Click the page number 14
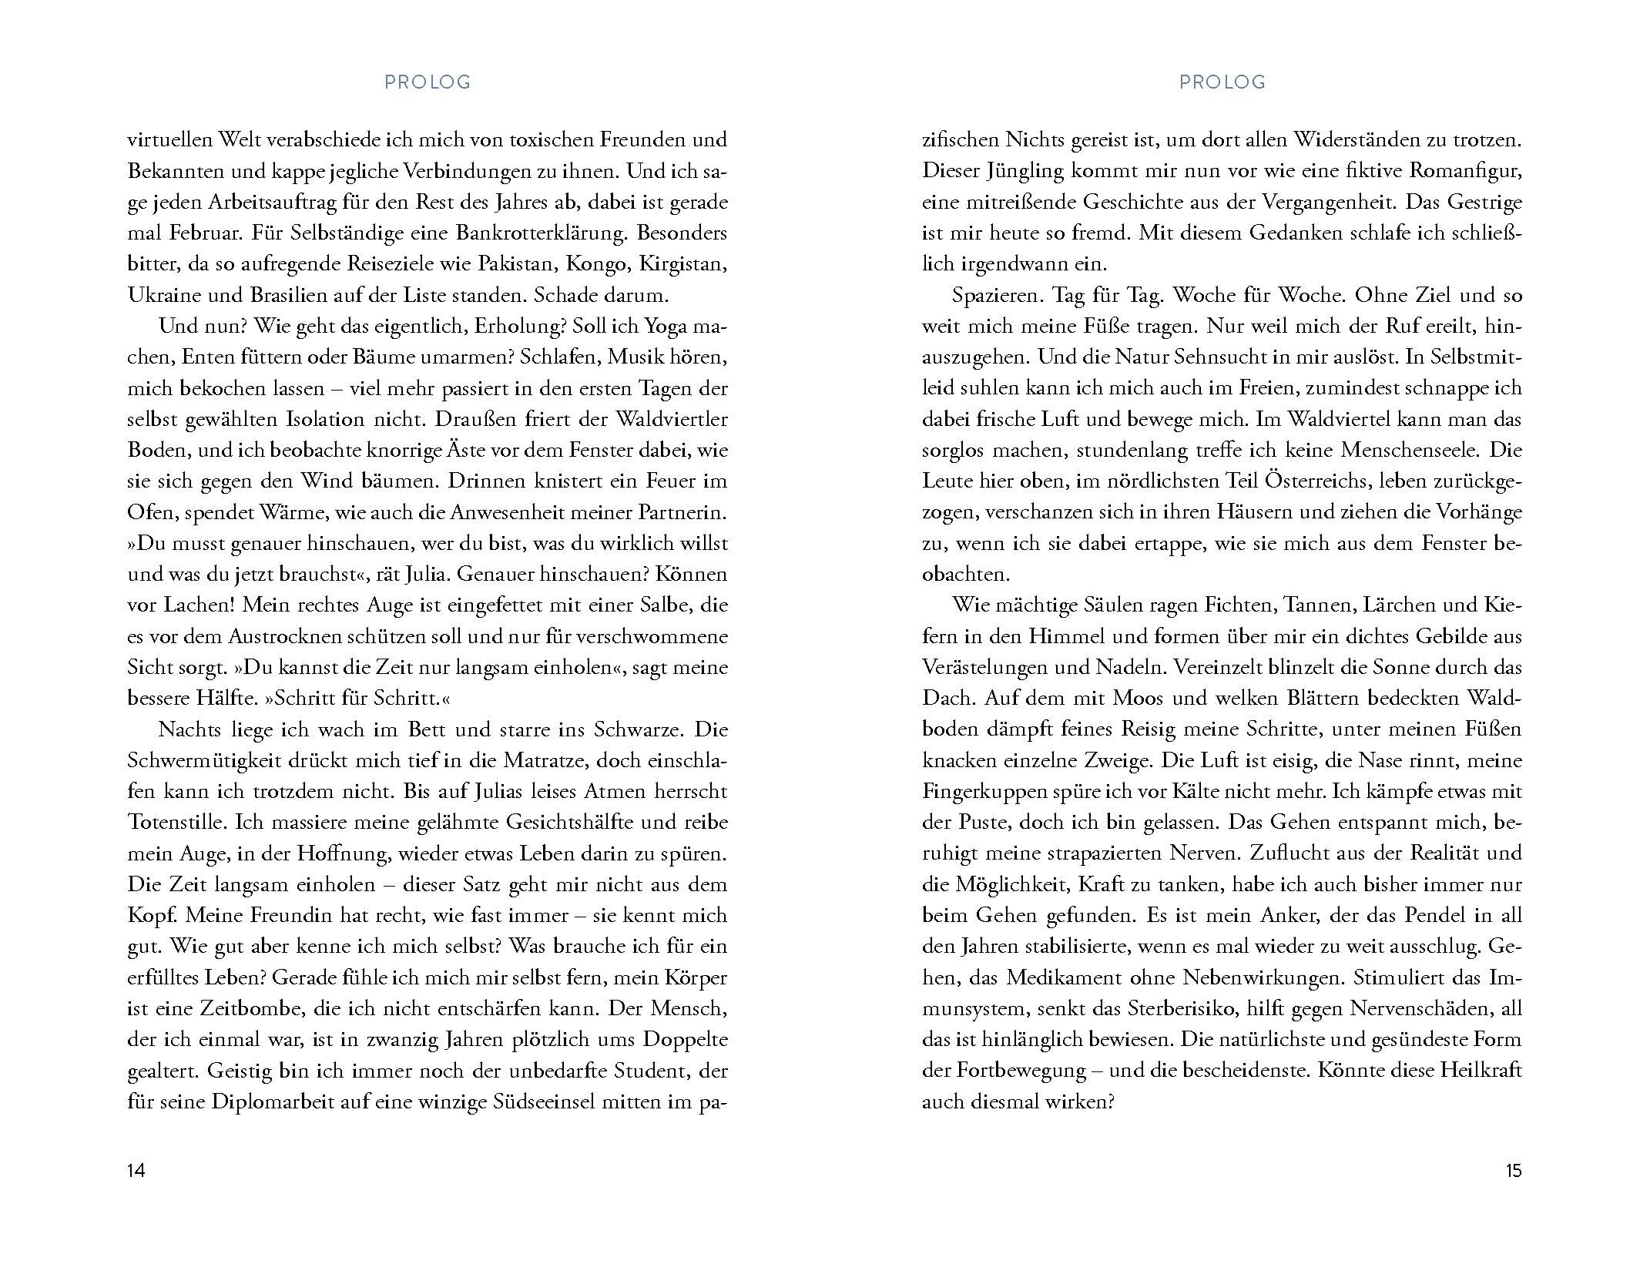click(136, 1171)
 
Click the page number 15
click(1513, 1171)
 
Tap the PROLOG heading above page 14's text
click(428, 82)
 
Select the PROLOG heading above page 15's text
click(1222, 82)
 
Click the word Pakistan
click(517, 264)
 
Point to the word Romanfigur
click(1463, 171)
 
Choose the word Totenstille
click(177, 822)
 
